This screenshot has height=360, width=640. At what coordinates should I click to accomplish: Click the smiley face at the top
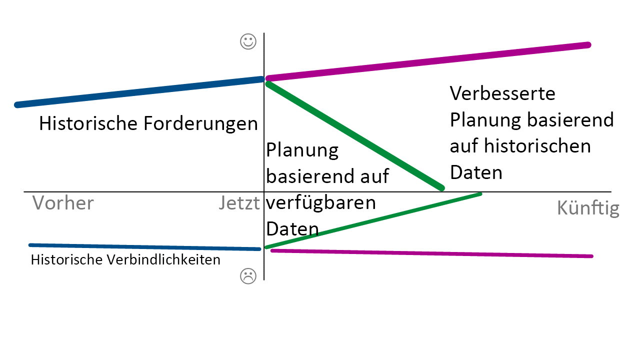click(x=248, y=41)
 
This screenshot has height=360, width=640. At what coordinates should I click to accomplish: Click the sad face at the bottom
click(x=248, y=276)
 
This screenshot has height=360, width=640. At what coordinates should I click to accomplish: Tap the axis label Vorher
click(x=63, y=203)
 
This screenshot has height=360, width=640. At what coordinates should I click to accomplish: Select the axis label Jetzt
click(x=239, y=203)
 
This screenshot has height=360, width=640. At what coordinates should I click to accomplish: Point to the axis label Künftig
click(x=588, y=208)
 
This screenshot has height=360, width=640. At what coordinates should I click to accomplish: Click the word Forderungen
click(x=200, y=123)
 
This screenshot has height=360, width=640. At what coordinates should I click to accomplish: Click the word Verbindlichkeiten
click(x=163, y=259)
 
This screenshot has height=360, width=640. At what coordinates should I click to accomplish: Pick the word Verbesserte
click(x=502, y=93)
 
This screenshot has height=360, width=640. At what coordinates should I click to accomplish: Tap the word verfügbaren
click(x=321, y=202)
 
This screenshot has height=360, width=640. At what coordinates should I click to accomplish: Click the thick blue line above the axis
click(x=139, y=92)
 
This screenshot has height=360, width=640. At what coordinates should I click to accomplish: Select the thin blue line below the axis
click(x=144, y=247)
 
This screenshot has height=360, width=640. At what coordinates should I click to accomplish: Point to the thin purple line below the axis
click(x=431, y=253)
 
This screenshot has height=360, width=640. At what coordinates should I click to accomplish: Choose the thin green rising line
click(x=373, y=220)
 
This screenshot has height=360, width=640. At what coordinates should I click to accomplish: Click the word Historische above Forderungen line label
click(x=88, y=123)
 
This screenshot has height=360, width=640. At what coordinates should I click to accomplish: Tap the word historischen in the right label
click(x=537, y=146)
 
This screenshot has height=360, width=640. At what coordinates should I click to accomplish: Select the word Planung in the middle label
click(x=302, y=150)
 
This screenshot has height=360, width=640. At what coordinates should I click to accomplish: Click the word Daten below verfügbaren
click(x=292, y=229)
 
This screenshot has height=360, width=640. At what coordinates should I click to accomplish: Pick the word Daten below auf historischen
click(x=476, y=172)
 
